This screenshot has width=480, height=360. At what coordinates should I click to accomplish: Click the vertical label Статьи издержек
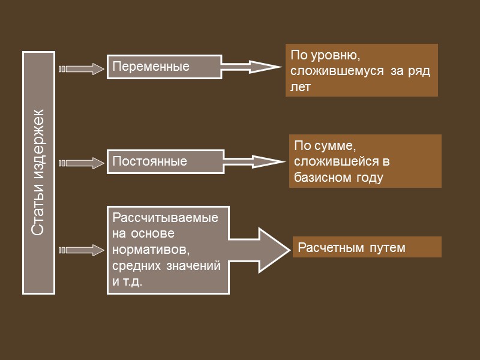38,173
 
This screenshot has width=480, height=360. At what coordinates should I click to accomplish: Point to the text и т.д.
127,281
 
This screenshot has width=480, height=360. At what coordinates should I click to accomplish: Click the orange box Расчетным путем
367,247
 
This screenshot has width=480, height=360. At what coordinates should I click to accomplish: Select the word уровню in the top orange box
333,55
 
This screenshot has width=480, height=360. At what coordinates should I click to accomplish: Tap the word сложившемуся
329,71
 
